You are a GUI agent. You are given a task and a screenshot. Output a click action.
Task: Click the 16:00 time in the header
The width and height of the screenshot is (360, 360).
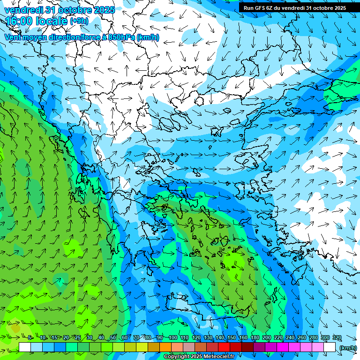pyautogui.click(x=19, y=21)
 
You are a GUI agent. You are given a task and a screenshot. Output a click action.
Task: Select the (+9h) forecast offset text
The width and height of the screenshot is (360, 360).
pyautogui.click(x=79, y=21)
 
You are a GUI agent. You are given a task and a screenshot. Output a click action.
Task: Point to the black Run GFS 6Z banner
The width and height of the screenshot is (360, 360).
pyautogui.click(x=295, y=7)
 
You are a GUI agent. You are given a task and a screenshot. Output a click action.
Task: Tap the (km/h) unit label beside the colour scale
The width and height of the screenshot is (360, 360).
pyautogui.click(x=348, y=348)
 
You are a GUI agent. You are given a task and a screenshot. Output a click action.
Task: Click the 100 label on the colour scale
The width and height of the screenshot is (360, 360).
pyautogui.click(x=173, y=337)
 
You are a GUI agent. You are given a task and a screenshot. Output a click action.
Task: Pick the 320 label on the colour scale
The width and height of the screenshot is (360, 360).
pyautogui.click(x=337, y=337)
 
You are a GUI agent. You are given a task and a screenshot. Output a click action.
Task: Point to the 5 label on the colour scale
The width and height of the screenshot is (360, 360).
pyautogui.click(x=30, y=337)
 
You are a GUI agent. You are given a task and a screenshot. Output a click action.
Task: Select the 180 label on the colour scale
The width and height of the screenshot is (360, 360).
pyautogui.click(x=255, y=337)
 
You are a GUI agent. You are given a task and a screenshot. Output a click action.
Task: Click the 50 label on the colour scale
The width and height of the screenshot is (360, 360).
pyautogui.click(x=113, y=337)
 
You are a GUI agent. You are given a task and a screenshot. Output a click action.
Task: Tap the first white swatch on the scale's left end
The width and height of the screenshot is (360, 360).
pyautogui.click(x=25, y=347)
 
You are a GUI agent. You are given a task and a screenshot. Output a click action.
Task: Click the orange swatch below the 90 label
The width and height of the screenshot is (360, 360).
pyautogui.click(x=165, y=347)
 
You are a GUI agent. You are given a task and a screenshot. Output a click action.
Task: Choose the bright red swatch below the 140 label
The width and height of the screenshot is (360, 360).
pyautogui.click(x=224, y=347)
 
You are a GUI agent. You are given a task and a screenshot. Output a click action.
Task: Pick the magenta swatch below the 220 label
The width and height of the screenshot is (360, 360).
pyautogui.click(x=271, y=347)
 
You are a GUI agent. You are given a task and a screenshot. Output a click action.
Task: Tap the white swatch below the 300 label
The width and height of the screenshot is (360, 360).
pyautogui.click(x=330, y=347)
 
